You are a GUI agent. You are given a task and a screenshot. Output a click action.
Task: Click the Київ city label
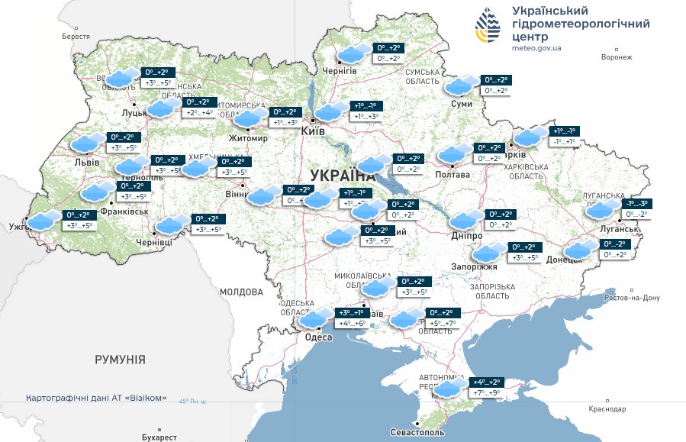(314, 131)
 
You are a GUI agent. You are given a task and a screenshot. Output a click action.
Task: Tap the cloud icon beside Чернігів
(352, 54)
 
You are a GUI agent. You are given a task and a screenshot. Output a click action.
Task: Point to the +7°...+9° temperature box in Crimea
(486, 392)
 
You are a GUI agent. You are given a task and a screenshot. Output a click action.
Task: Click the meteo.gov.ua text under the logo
(537, 48)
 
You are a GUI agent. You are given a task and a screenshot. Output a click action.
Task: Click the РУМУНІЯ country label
(120, 358)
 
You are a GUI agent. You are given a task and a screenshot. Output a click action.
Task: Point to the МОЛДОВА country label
(241, 292)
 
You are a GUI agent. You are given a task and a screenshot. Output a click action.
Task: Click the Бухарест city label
(159, 437)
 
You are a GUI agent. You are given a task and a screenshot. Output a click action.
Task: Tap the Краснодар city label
(607, 409)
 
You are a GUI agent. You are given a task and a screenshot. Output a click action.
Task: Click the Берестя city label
(76, 36)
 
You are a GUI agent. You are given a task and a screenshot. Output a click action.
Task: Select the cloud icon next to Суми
(459, 86)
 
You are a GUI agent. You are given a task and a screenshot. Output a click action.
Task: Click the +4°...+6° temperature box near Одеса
(352, 323)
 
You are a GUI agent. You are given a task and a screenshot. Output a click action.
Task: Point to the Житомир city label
(249, 138)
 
